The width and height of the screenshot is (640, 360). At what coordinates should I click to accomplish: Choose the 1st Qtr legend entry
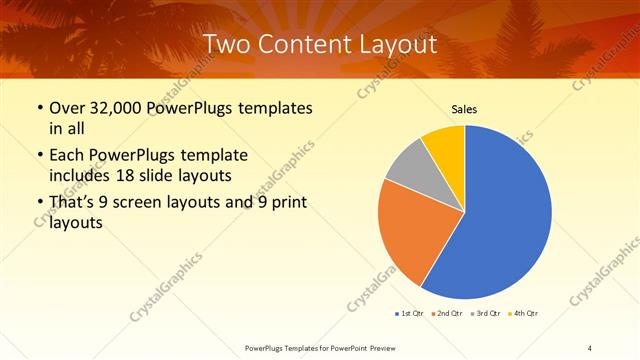click(409, 314)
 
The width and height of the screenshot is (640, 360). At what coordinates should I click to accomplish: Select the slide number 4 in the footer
click(589, 347)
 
